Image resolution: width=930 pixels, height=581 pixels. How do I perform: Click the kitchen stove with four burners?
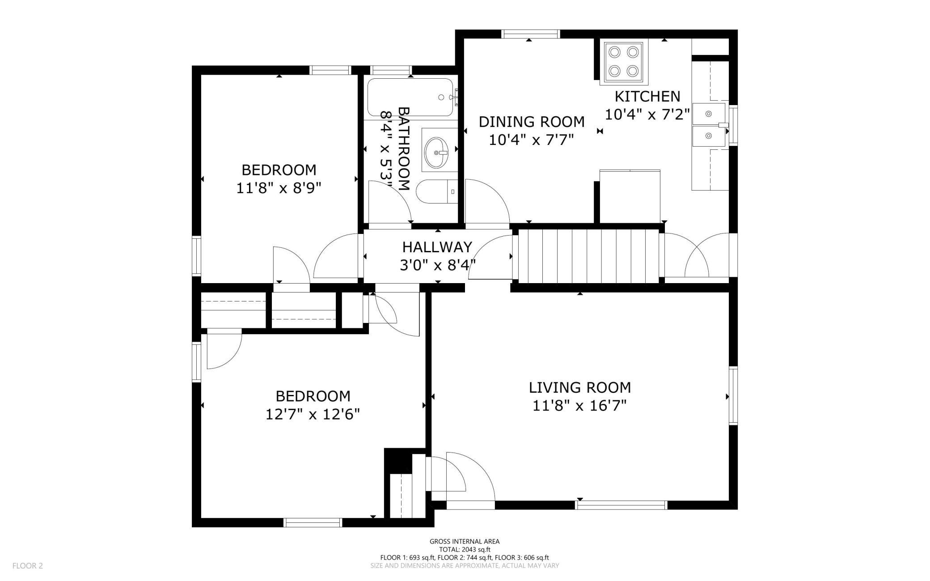pos(624,63)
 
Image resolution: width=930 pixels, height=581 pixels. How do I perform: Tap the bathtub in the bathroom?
pos(410,98)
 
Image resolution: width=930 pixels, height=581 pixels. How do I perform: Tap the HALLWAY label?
pos(437,247)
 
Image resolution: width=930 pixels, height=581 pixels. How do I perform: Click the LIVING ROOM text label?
pos(580,387)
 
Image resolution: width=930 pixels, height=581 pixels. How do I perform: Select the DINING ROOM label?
pos(532,122)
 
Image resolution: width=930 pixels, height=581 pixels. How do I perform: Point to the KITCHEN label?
pos(647,96)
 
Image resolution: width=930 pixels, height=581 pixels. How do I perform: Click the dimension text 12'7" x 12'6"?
pos(313,415)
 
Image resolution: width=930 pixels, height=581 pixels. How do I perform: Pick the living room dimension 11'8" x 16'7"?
pos(579,406)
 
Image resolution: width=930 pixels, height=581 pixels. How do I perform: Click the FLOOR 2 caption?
pos(28,566)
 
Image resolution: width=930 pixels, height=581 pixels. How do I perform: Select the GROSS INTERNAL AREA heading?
pos(465,542)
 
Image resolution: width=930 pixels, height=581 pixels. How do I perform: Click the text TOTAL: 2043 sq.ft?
pos(465,550)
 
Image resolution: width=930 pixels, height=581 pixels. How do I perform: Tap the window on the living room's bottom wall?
pos(621,505)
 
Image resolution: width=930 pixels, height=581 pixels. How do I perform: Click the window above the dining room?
pos(531,34)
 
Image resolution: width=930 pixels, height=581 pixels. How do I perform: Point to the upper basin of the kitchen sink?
pos(709,114)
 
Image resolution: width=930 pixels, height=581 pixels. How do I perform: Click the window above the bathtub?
pos(391,70)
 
